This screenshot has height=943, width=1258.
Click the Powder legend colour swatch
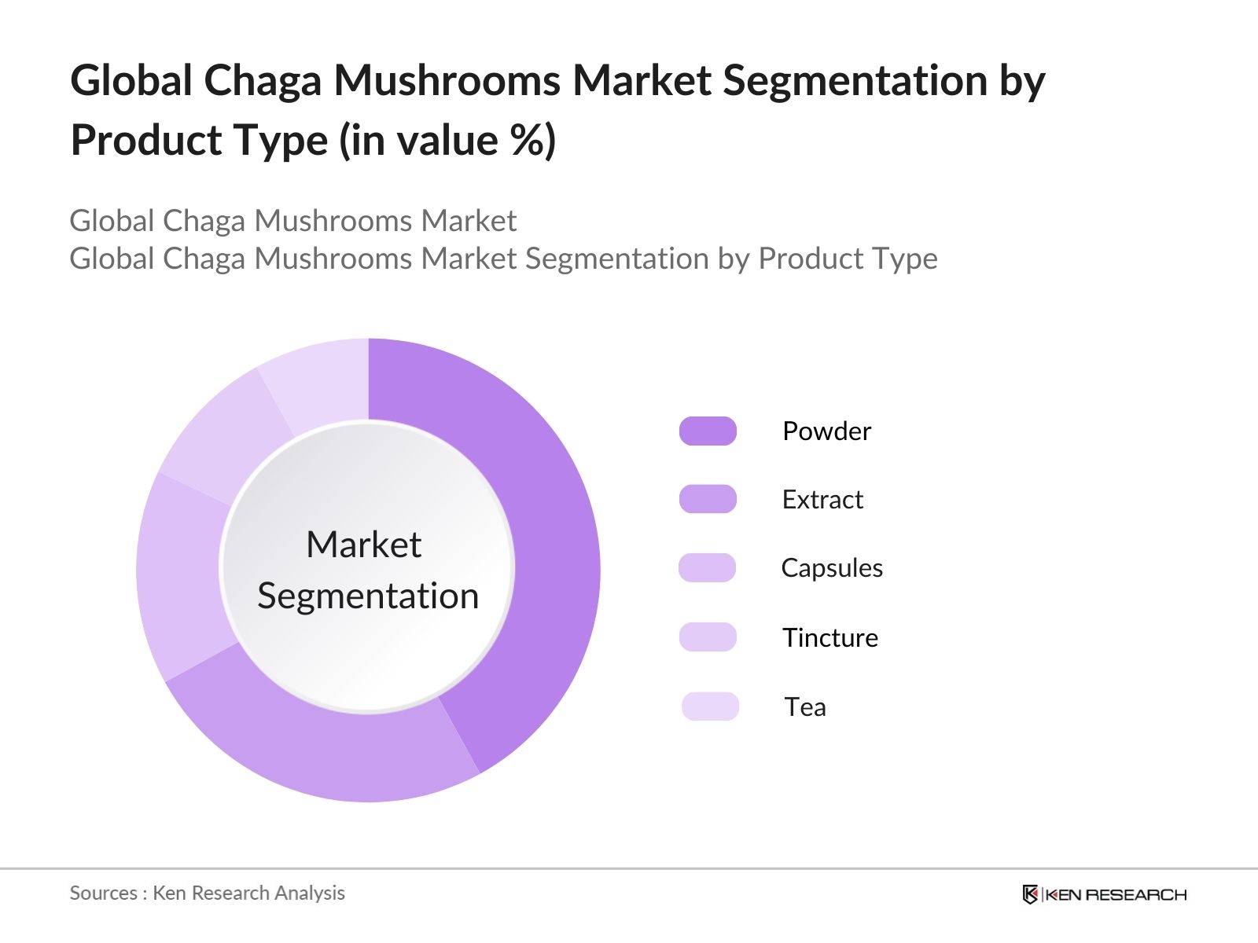tap(708, 431)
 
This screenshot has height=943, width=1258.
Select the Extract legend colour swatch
tap(708, 499)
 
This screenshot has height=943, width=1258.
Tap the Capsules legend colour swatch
tap(708, 567)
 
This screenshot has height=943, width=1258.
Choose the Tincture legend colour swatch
tap(708, 637)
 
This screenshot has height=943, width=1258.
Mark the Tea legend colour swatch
tap(710, 706)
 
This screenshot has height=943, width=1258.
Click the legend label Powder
tap(826, 431)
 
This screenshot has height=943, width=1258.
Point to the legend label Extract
tap(822, 500)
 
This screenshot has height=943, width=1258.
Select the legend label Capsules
tap(832, 568)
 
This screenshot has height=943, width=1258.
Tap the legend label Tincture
tap(829, 637)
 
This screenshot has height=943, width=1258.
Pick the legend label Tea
tap(805, 707)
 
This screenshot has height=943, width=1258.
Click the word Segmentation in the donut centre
tap(368, 596)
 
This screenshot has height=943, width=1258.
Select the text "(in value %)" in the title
tap(447, 141)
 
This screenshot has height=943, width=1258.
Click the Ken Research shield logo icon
tap(1030, 894)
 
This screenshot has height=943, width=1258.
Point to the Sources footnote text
tap(207, 893)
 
